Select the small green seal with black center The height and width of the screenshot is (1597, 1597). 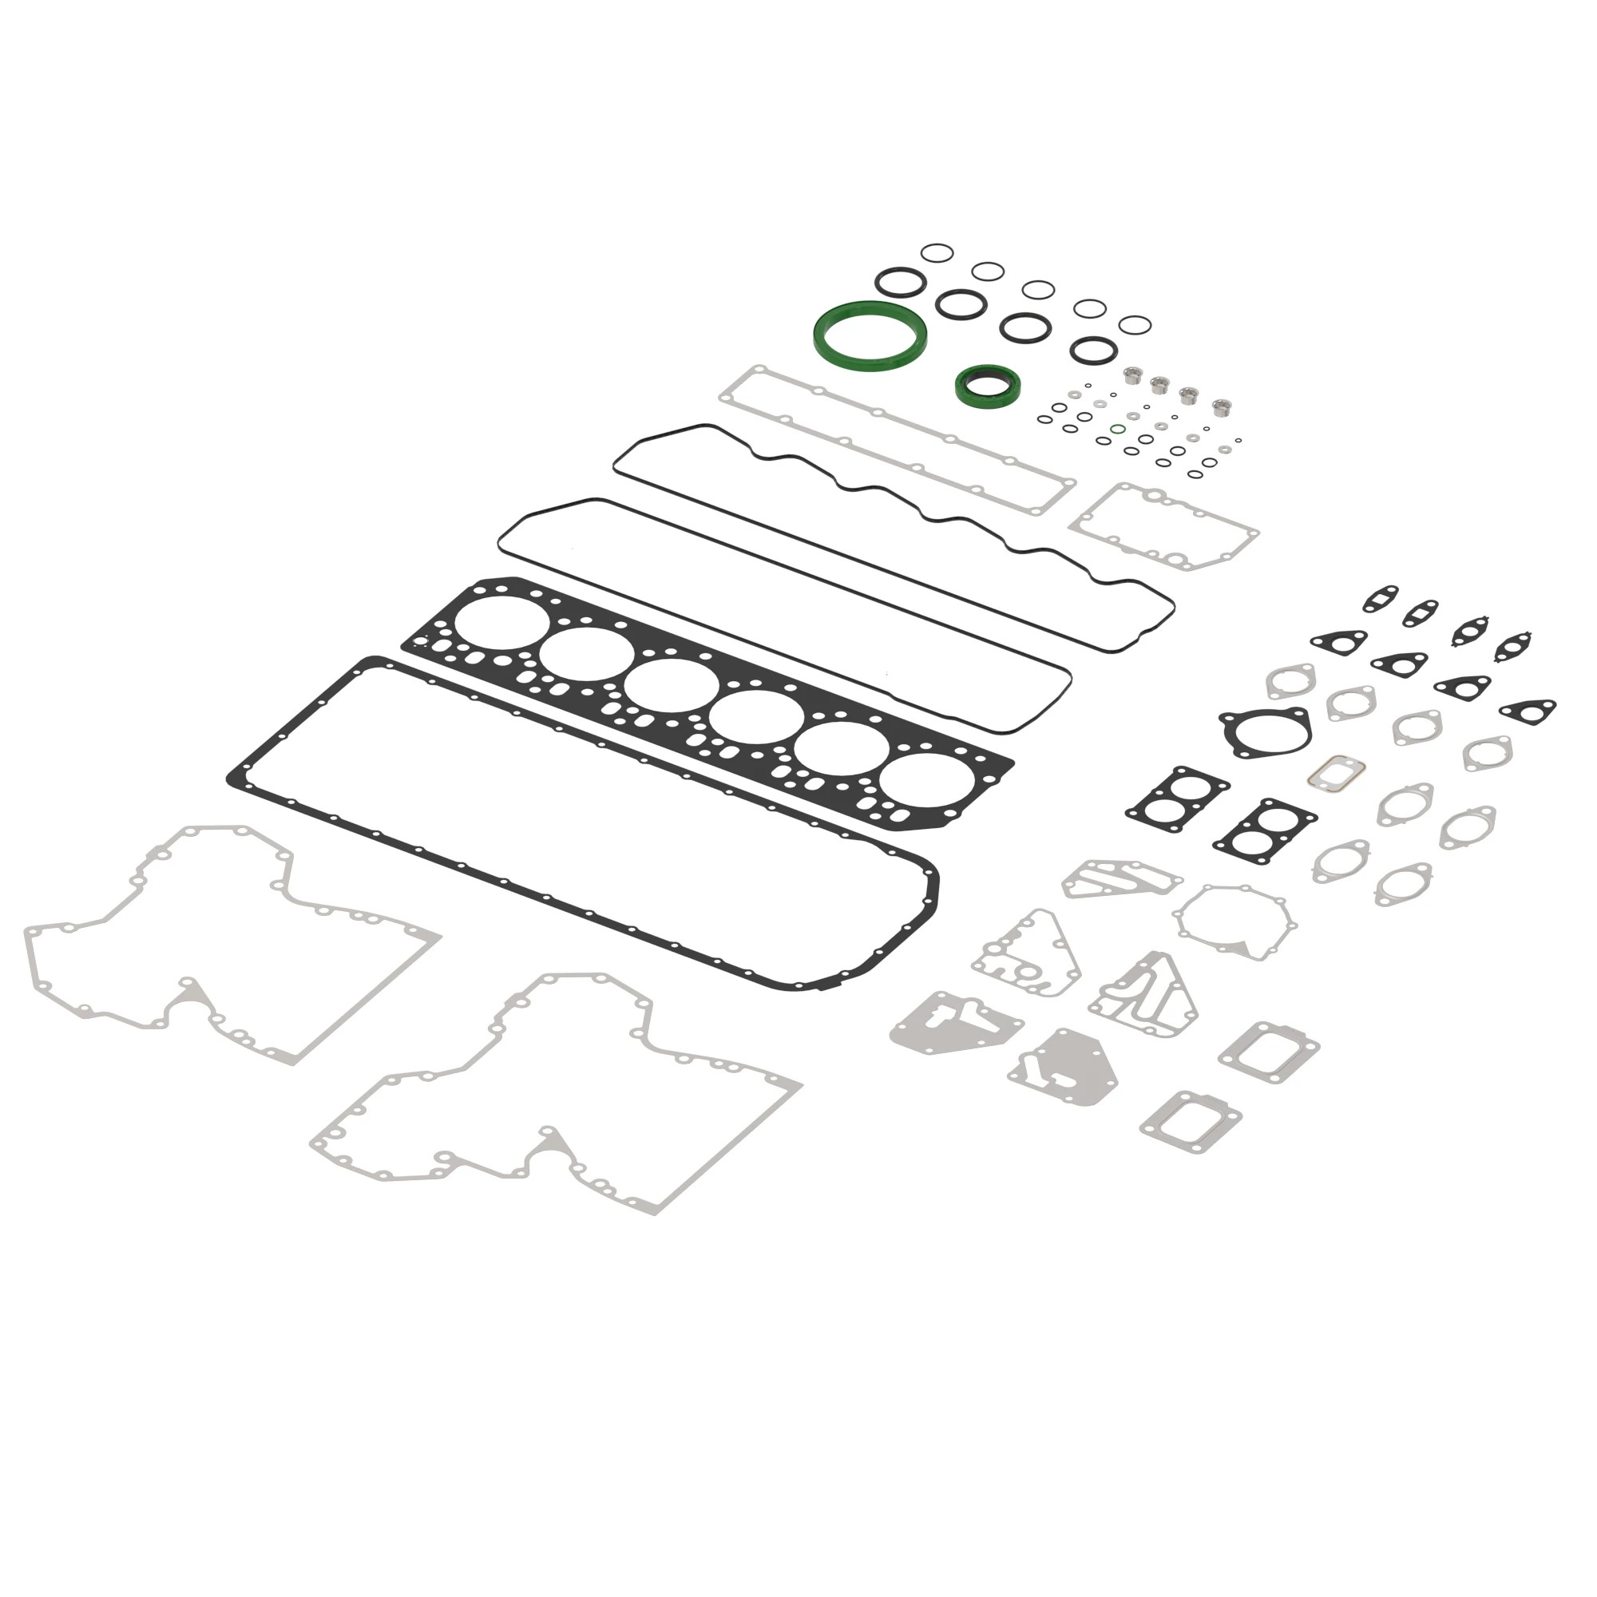coord(988,385)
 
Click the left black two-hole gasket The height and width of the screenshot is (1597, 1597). coord(1176,798)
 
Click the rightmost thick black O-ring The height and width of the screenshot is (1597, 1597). coord(1093,349)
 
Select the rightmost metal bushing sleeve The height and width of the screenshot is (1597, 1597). coord(1221,406)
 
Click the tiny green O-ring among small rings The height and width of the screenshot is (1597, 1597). coord(1118,430)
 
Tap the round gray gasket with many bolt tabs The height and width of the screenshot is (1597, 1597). coord(1234,921)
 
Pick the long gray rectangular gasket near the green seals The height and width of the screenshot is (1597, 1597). coord(897,440)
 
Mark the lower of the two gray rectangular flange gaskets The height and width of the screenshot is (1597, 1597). coord(1191,1123)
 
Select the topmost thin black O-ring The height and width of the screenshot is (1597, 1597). coord(937,252)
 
